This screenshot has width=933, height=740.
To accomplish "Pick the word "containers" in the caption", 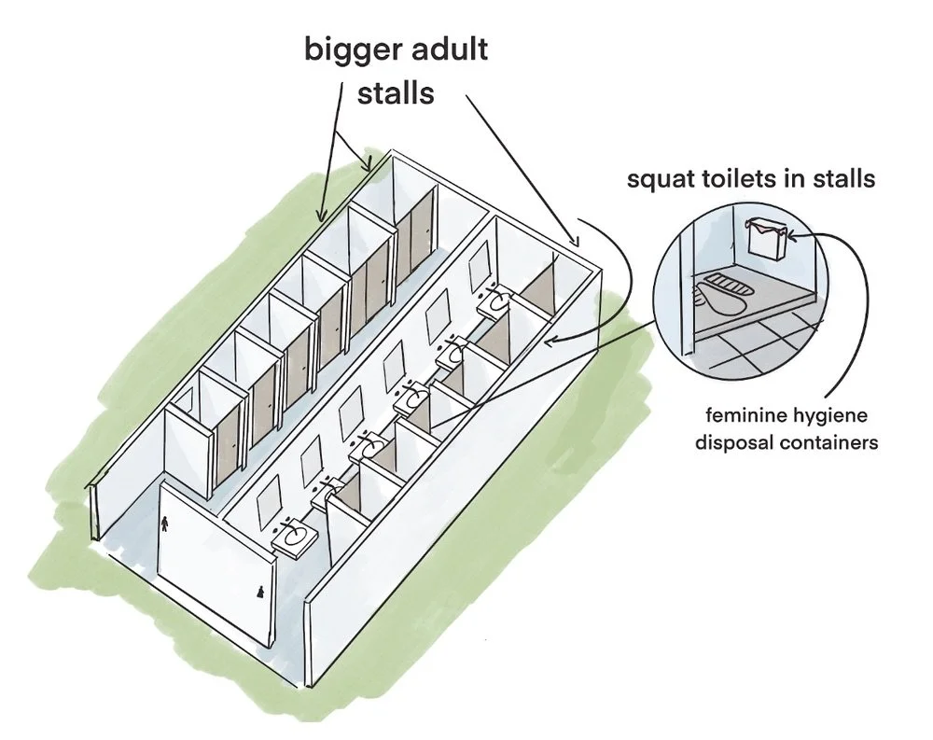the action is click(x=830, y=443).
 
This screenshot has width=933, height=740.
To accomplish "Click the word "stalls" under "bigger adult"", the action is click(x=397, y=93).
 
